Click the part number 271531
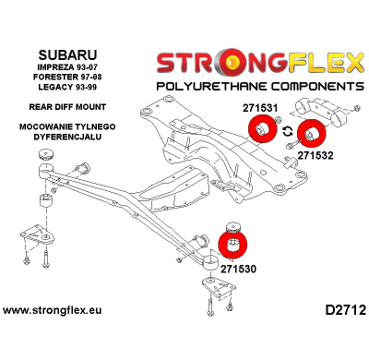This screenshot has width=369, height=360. click(260, 108)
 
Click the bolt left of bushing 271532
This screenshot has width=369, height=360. click(292, 146)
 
